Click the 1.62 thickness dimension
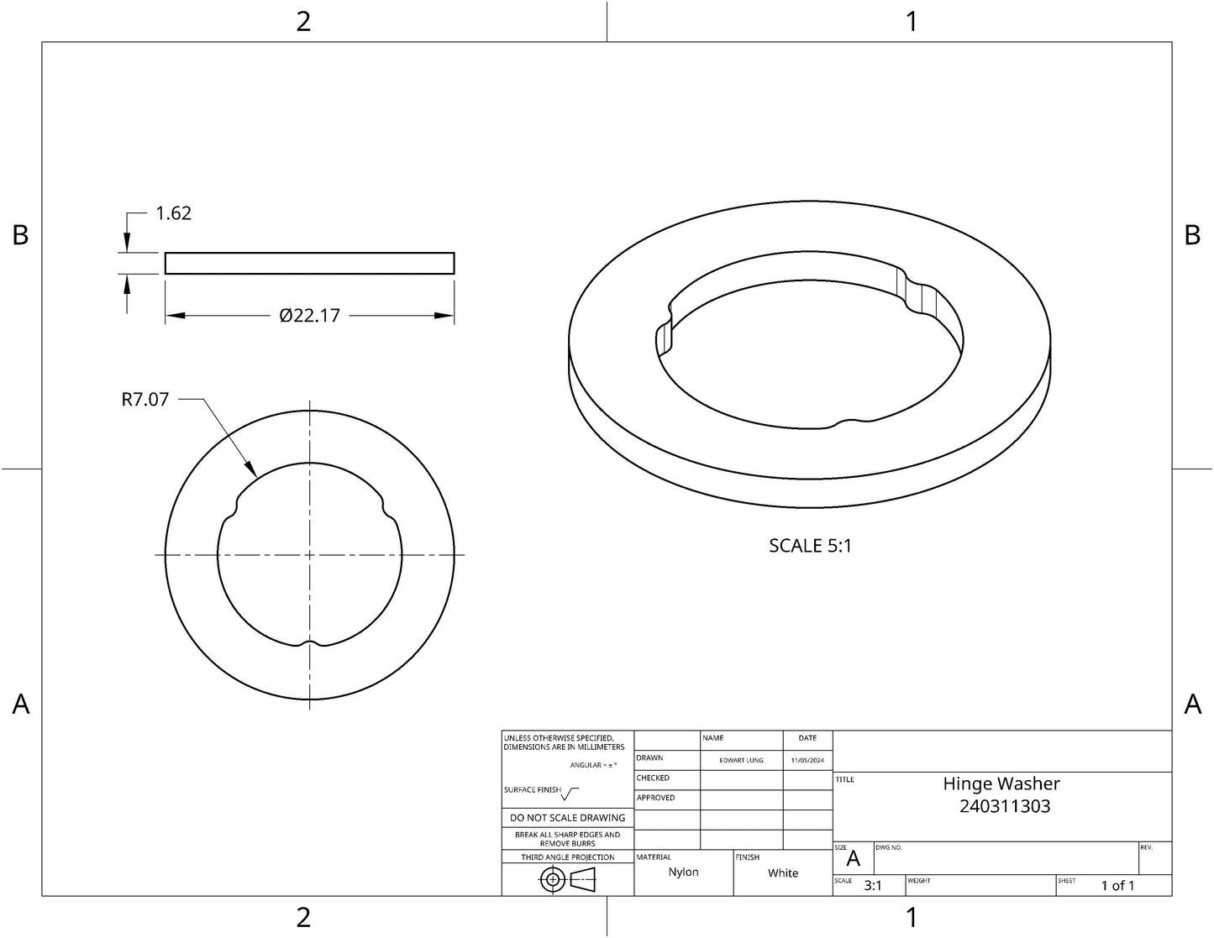pos(173,213)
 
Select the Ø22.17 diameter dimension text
pos(309,316)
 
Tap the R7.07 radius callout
pos(145,400)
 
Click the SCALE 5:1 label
pos(810,546)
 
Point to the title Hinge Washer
pos(1001,783)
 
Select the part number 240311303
pos(1005,806)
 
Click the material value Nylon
pos(683,872)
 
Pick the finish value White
pos(782,873)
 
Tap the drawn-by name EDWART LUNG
pos(741,760)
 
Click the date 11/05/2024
pos(807,760)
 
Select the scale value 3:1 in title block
pos(873,885)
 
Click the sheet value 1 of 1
pos(1117,886)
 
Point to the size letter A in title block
pos(854,859)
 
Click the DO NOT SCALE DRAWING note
pos(567,817)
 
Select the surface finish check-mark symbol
pos(570,793)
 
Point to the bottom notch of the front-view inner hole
pos(310,644)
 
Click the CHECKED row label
pos(653,778)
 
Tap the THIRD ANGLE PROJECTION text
pos(567,857)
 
